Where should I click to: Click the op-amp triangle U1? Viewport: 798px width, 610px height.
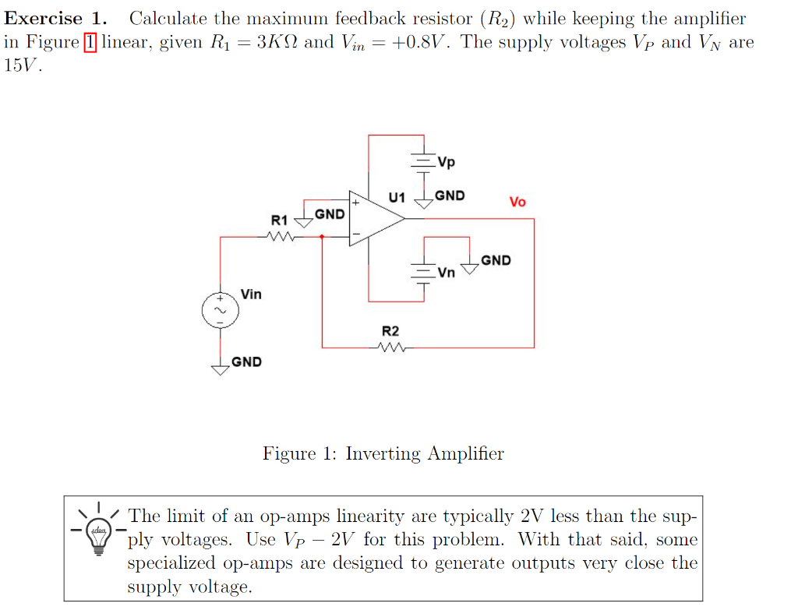coord(374,219)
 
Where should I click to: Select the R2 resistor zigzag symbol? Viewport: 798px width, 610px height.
coord(390,347)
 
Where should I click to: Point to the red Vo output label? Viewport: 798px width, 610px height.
coord(517,202)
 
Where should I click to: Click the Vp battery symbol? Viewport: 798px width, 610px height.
coord(424,161)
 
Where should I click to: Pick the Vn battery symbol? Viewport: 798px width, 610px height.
coord(424,271)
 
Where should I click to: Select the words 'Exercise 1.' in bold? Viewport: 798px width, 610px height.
coord(55,19)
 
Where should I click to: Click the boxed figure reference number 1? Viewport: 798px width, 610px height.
coord(89,42)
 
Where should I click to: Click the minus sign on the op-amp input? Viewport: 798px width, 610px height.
coord(355,235)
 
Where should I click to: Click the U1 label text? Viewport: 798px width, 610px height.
coord(397,196)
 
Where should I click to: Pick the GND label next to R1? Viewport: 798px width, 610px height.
coord(330,213)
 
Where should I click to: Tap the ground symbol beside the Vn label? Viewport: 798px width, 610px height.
coord(470,269)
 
